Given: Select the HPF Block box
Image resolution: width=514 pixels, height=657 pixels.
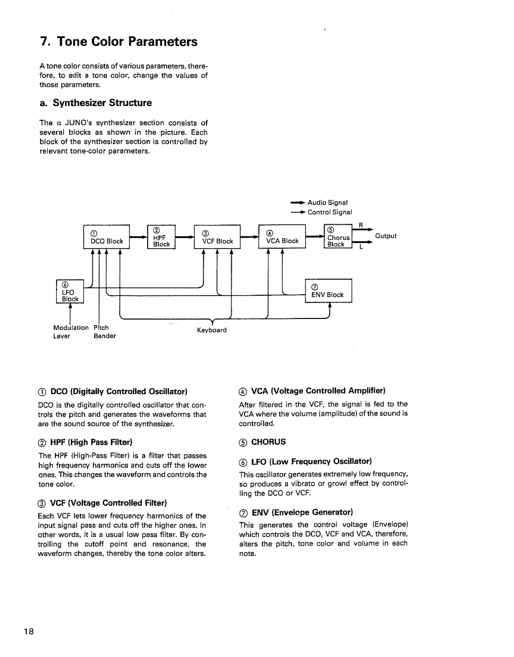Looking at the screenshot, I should coord(162,237).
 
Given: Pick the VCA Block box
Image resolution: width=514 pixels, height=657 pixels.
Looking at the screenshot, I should coord(282,237).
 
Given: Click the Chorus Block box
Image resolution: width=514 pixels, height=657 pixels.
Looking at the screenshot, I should coord(338,237).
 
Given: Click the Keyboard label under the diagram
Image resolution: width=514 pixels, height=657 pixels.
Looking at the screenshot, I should coord(211,330).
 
